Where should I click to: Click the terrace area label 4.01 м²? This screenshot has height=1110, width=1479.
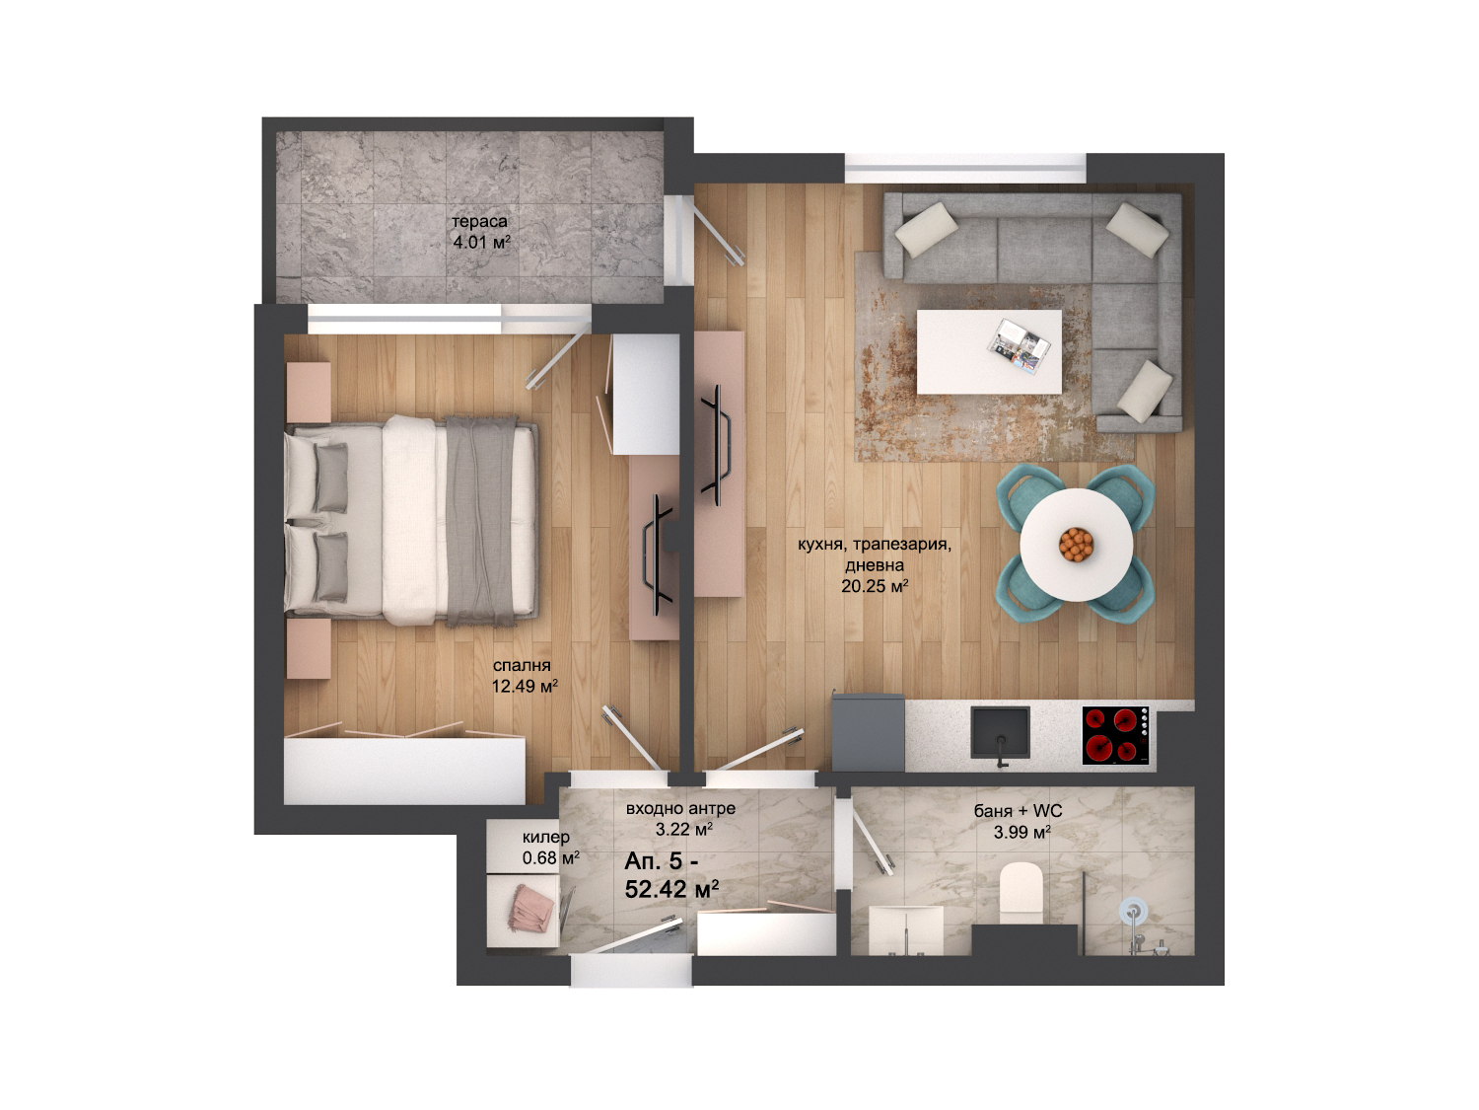coord(481,242)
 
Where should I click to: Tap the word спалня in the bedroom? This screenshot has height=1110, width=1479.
coord(522,665)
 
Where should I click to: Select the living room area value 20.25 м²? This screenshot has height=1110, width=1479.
coord(874,586)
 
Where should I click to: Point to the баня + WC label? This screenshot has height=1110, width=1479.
coord(1018,811)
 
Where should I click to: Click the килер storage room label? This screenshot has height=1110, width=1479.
coord(546,837)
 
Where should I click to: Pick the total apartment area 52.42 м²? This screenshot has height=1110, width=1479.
coord(671,889)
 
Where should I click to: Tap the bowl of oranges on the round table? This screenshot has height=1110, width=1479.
coord(1075,544)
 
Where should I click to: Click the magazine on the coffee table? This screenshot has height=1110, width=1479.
coord(1019,345)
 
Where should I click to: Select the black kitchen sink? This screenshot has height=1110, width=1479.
coord(1000,732)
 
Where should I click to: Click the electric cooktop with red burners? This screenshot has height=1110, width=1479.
coord(1115,735)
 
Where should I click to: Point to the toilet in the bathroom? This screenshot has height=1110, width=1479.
coord(1021,893)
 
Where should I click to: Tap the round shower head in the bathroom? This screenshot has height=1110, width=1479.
coord(1133,911)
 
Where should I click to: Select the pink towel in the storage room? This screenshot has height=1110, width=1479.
coord(531,908)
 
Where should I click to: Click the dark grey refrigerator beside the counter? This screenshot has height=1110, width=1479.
coord(868,732)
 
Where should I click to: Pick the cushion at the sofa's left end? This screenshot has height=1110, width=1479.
coord(926,230)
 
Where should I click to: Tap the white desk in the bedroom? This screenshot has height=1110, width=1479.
coord(645,395)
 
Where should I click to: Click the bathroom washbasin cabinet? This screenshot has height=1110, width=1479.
coord(906,930)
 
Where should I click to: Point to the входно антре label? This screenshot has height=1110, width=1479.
coord(680,808)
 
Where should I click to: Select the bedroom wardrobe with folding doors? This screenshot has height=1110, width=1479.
coord(404,769)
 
